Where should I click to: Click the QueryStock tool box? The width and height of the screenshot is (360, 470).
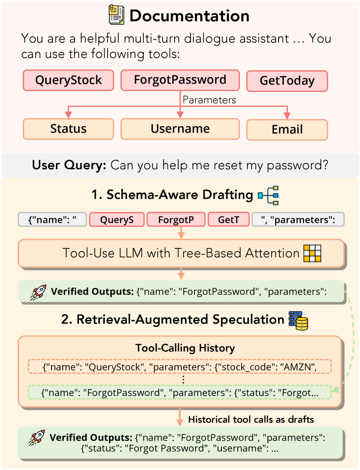(68, 80)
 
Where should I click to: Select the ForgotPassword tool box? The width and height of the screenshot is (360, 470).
(180, 80)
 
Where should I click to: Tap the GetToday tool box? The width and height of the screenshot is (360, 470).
(287, 81)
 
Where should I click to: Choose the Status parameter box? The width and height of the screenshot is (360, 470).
(68, 129)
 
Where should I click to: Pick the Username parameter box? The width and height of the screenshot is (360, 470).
(180, 129)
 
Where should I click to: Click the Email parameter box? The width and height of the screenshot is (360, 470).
(287, 130)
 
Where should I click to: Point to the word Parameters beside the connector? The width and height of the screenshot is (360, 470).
(209, 100)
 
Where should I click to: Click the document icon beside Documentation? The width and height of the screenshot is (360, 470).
(116, 14)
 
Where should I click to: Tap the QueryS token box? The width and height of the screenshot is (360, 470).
(117, 219)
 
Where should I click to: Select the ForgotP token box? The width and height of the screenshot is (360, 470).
(176, 219)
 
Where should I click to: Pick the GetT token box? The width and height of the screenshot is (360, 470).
(228, 219)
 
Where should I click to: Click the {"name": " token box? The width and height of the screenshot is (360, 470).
(52, 219)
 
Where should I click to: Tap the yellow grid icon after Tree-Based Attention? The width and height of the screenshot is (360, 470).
(312, 253)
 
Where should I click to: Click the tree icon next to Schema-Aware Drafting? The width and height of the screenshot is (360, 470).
(268, 195)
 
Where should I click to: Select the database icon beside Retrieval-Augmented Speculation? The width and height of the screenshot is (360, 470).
(298, 321)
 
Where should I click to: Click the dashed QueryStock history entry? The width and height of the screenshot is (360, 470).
(180, 367)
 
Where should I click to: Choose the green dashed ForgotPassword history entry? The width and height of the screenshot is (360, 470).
(180, 392)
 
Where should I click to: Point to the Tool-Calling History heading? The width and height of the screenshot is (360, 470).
(185, 348)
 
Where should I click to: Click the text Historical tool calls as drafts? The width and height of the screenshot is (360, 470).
(251, 419)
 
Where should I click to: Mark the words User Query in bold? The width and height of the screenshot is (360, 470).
(69, 165)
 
